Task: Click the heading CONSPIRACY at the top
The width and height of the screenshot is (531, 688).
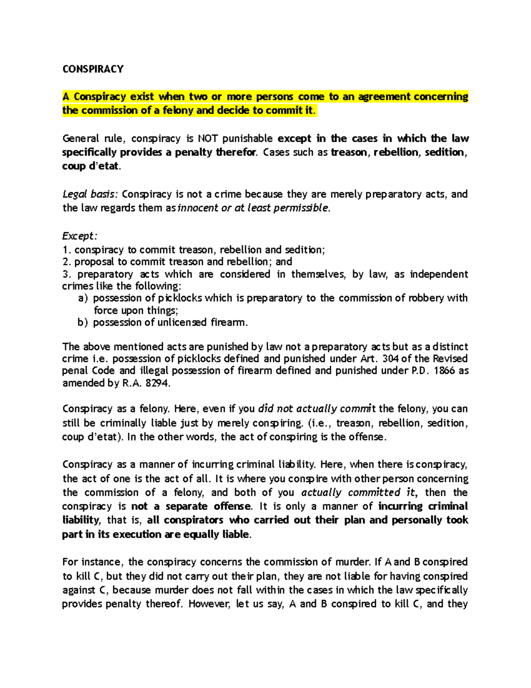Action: [x=93, y=69]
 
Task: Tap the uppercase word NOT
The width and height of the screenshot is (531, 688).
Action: [x=208, y=139]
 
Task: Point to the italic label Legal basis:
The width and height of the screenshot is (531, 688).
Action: [x=90, y=194]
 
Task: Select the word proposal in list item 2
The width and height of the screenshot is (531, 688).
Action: [x=94, y=262]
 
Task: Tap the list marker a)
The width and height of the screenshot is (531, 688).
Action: [x=83, y=298]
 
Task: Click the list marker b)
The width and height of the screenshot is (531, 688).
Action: [x=83, y=323]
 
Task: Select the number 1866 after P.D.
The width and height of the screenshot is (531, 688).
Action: [x=444, y=371]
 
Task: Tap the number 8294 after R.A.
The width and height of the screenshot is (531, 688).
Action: [x=157, y=383]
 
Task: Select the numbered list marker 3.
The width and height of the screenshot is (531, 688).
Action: [x=66, y=274]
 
